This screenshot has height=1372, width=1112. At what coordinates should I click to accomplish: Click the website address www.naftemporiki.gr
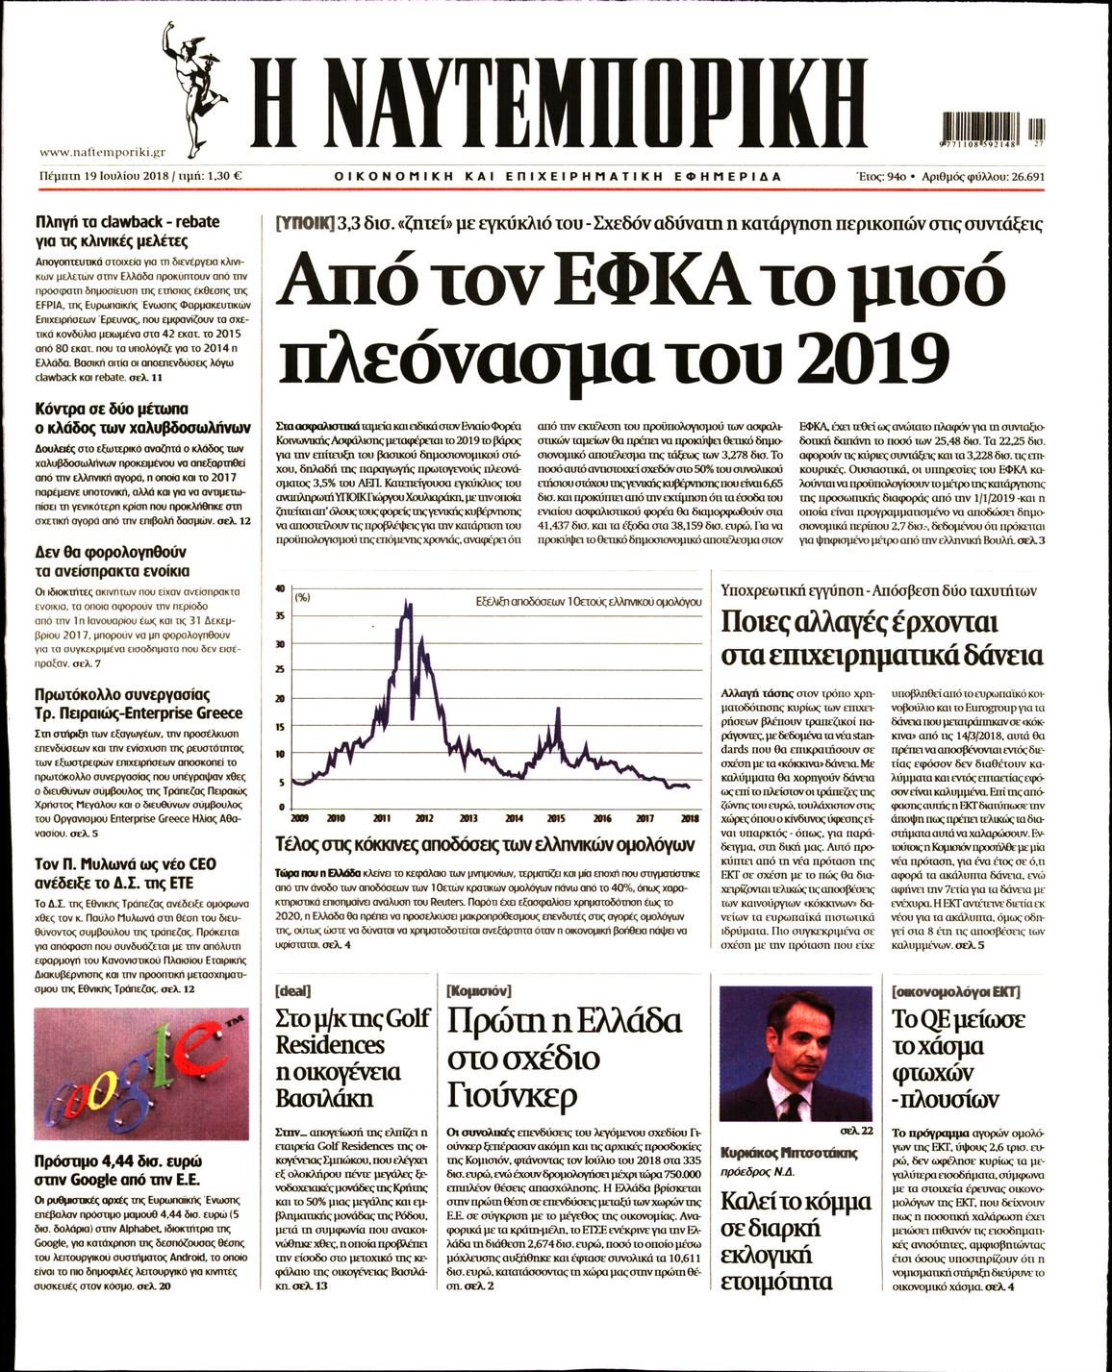point(103,152)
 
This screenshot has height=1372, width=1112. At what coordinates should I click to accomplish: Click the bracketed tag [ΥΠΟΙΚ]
point(306,224)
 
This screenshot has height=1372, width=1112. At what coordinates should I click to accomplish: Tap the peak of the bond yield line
point(409,604)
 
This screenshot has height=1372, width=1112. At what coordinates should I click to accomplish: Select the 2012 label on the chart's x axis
point(424,818)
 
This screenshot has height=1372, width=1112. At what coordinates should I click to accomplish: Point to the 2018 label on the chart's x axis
point(689,818)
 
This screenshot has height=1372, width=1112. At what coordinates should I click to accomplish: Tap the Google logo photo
point(140,1073)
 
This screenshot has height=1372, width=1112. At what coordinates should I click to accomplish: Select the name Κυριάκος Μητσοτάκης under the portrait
point(788,1152)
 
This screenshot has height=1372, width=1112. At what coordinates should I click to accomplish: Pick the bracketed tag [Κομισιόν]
point(479,990)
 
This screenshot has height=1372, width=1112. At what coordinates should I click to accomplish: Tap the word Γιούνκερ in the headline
point(512,1094)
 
